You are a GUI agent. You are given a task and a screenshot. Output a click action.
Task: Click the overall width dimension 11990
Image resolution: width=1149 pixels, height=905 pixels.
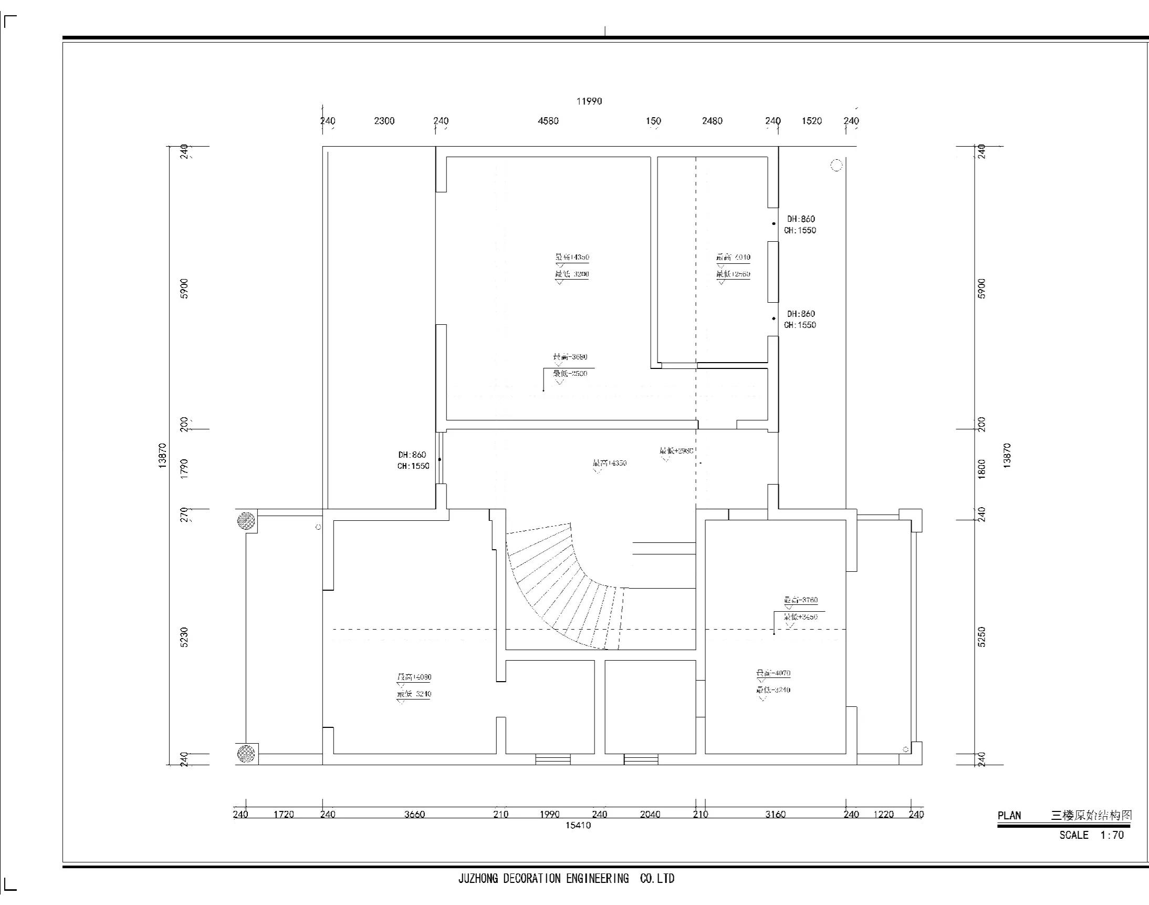click(589, 101)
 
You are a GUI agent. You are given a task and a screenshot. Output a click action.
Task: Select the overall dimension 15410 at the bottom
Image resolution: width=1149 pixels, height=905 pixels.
click(578, 825)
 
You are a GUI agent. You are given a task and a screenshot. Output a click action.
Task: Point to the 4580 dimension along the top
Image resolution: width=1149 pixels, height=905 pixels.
click(548, 121)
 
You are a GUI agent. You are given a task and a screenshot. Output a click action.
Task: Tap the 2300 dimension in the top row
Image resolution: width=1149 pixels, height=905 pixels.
click(384, 121)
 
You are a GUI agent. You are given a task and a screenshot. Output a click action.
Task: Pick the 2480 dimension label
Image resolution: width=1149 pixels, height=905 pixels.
click(712, 121)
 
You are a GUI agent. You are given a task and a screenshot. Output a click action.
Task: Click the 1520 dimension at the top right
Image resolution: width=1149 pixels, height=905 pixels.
click(811, 121)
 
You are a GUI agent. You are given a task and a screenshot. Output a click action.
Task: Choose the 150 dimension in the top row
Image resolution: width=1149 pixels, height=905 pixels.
click(653, 121)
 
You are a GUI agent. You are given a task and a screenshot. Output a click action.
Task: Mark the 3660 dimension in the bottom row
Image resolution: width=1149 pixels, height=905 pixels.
click(414, 814)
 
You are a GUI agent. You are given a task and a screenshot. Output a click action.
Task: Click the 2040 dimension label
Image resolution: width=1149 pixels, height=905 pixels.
click(650, 814)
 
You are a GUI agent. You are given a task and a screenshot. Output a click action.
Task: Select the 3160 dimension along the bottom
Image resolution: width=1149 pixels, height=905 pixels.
click(775, 814)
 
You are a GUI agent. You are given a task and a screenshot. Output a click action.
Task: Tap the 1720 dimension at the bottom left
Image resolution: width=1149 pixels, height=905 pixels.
click(283, 814)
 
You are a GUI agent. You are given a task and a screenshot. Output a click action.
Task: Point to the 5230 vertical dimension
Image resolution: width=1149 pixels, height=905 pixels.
click(184, 637)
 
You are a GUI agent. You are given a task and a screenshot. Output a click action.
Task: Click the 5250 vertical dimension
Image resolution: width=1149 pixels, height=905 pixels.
click(981, 637)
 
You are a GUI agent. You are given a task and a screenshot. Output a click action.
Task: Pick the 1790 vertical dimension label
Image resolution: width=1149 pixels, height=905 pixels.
click(184, 469)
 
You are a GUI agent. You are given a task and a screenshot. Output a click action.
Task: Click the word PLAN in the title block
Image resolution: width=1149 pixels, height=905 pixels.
click(1009, 816)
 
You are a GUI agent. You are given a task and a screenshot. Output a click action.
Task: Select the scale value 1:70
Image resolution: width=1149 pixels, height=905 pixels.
click(1111, 835)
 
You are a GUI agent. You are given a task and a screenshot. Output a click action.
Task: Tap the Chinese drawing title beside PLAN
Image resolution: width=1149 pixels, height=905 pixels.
click(1091, 815)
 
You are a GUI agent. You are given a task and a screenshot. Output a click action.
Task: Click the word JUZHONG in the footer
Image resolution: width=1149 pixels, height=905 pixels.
click(478, 879)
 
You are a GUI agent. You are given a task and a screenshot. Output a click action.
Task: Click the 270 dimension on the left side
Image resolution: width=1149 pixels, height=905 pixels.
click(184, 515)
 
